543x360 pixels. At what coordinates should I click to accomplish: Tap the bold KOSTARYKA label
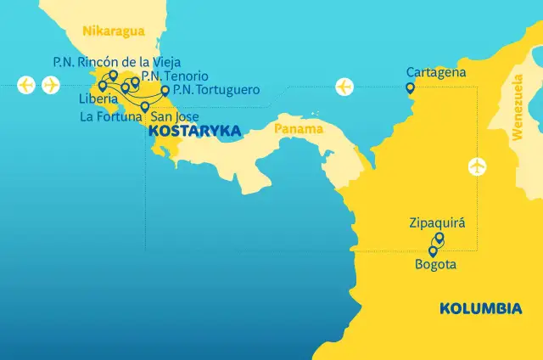(x=194, y=132)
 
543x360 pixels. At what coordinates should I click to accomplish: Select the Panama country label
(x=299, y=129)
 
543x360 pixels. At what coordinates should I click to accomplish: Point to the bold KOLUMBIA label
(x=480, y=308)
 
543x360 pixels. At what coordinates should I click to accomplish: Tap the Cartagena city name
(x=436, y=72)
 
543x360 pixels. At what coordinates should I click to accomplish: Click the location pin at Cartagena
(x=410, y=87)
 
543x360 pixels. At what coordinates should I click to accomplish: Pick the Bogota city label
(x=436, y=265)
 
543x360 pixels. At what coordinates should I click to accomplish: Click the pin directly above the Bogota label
(x=433, y=251)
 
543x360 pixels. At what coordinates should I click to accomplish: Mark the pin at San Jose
(x=145, y=107)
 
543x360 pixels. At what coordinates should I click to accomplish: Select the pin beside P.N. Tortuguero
(x=165, y=88)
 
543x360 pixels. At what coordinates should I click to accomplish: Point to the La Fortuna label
(x=112, y=116)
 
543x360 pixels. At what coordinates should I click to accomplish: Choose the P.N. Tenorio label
(x=174, y=76)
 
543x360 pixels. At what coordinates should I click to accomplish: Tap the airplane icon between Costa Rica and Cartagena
(x=344, y=86)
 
